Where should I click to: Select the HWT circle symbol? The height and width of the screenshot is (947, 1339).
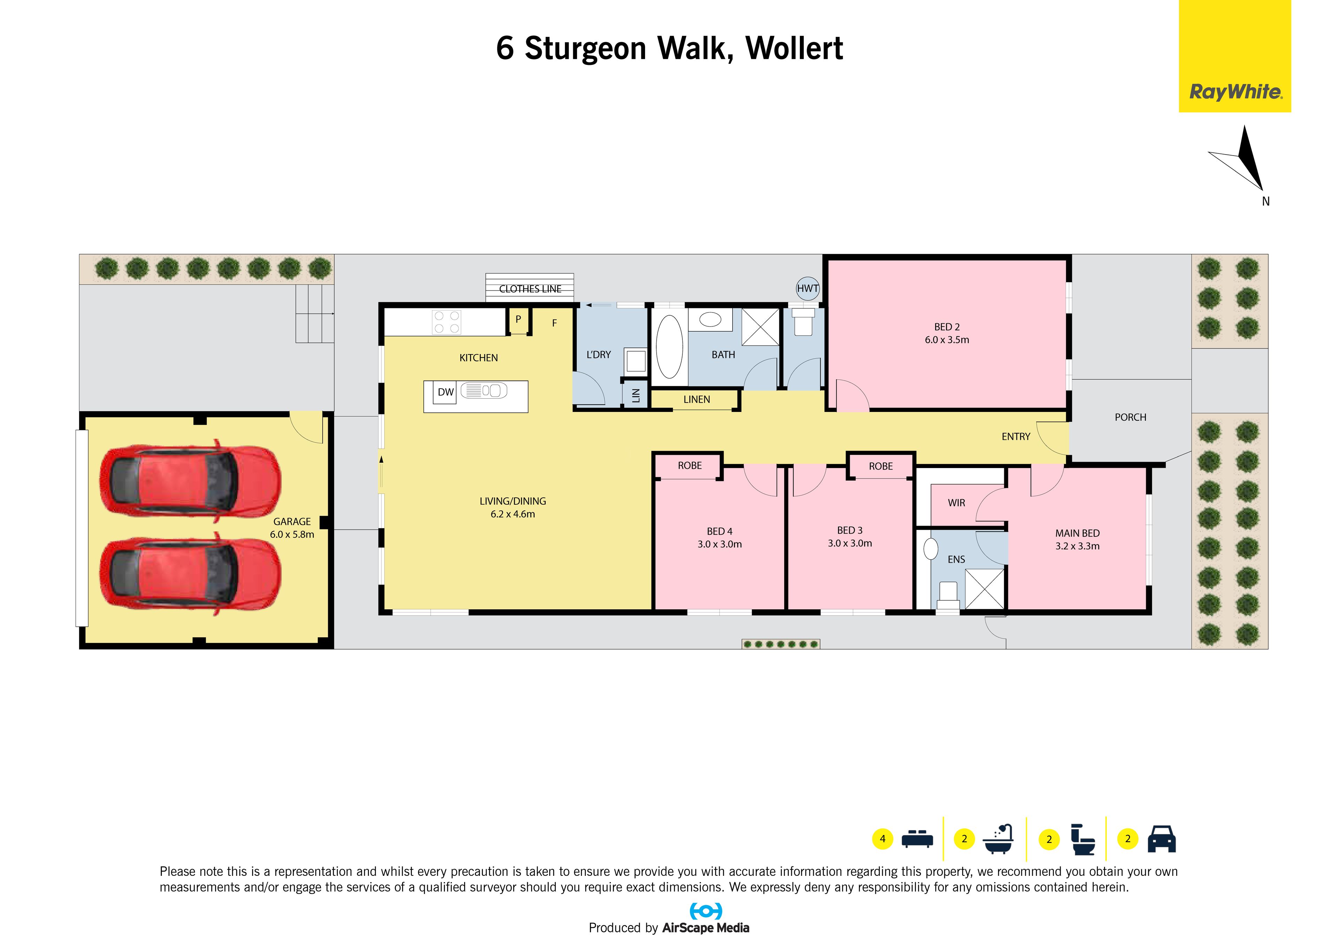808,288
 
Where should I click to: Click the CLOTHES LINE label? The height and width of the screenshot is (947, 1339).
530,289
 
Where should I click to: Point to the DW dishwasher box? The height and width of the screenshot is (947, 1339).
446,392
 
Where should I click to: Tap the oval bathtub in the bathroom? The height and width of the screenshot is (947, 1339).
669,348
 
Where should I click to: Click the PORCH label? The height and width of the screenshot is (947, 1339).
1130,417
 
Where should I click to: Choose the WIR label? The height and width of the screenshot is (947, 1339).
956,503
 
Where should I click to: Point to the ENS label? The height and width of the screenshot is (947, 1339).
956,559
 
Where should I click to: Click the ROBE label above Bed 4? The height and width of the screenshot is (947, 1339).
690,466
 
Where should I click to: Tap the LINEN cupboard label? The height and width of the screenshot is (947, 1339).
697,400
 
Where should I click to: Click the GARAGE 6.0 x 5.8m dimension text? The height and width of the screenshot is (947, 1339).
292,528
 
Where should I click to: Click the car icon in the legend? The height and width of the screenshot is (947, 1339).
1162,839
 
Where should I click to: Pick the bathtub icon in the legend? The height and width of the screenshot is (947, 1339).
998,839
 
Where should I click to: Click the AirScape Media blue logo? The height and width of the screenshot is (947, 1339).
706,911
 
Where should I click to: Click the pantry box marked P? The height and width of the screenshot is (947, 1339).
518,320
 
